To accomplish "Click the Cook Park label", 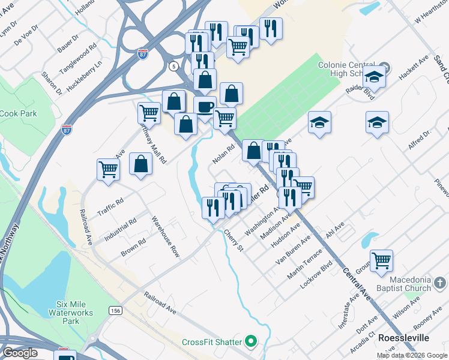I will point(18,113).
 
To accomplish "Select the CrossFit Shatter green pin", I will point(252,342).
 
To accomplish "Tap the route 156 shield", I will point(115,310).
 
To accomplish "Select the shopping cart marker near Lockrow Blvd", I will point(381,261).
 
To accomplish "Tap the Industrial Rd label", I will point(120,228).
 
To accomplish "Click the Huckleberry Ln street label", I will point(85,76).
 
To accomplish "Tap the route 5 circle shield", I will point(174,65).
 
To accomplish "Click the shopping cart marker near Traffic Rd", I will point(108,169).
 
